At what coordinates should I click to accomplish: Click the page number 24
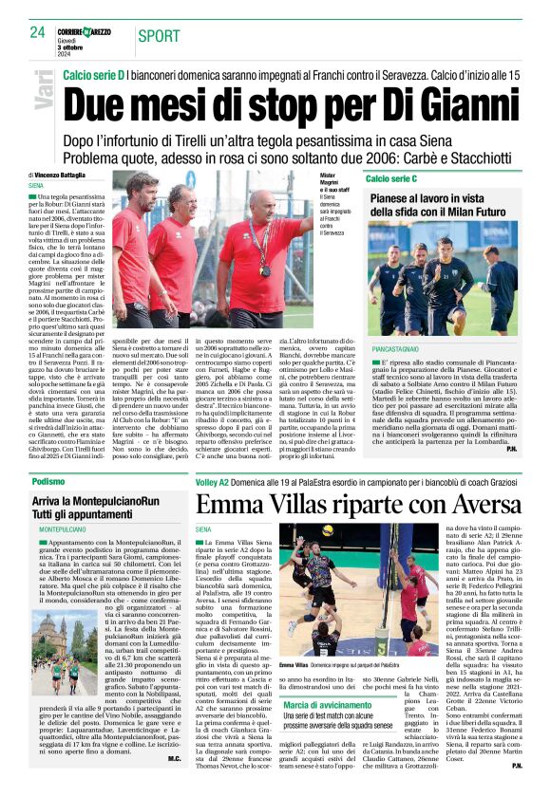click(37, 33)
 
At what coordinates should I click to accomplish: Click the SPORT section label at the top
click(161, 36)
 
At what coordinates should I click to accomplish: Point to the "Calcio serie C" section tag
click(391, 178)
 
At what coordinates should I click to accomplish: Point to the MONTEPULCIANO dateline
click(63, 528)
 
